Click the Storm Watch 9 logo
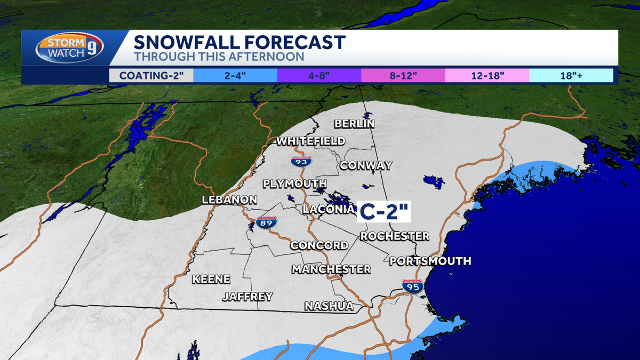(69, 49)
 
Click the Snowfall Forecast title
(239, 42)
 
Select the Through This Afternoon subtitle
(219, 57)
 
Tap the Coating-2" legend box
(151, 75)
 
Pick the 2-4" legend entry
(235, 75)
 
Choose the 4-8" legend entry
(319, 75)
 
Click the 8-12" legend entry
(403, 75)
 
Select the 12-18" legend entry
(487, 75)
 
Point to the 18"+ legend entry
(571, 75)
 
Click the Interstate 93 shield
(302, 159)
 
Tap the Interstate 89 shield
(267, 223)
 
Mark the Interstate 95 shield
(413, 287)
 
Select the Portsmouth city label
(430, 261)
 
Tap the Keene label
(211, 279)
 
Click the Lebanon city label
(229, 200)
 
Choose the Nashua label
(329, 306)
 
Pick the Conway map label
(366, 165)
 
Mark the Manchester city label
(331, 269)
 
